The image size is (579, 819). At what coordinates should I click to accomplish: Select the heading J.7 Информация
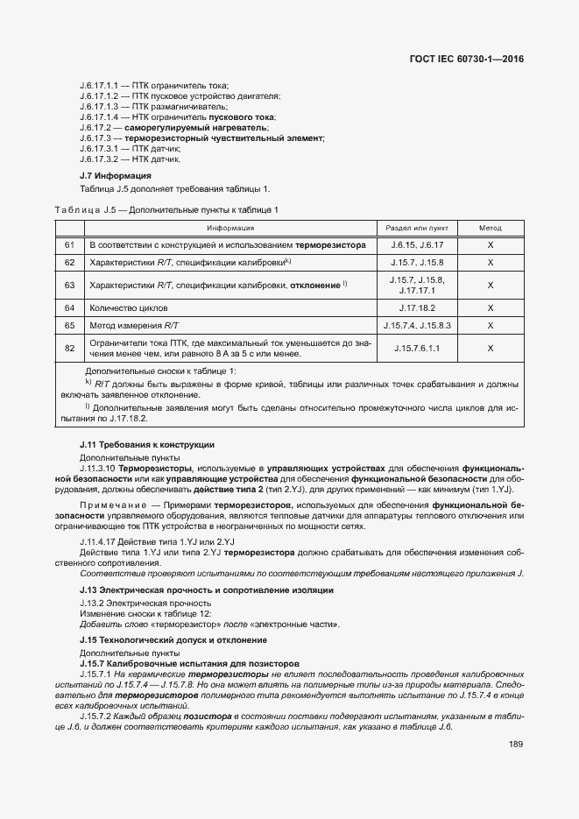tap(109, 176)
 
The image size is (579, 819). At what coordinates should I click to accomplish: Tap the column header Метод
tap(491, 228)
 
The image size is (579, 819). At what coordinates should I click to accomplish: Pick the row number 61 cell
tap(69, 245)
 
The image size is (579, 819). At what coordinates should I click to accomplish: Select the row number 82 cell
tap(69, 348)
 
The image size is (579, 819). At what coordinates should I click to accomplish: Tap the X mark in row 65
tap(491, 325)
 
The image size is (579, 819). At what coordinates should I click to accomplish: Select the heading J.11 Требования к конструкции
tap(146, 445)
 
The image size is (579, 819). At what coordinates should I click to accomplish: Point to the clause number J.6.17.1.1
tap(98, 86)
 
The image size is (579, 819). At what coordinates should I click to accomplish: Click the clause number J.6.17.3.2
tap(98, 159)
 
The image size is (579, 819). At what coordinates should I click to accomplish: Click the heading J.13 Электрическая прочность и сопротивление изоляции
tap(206, 590)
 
